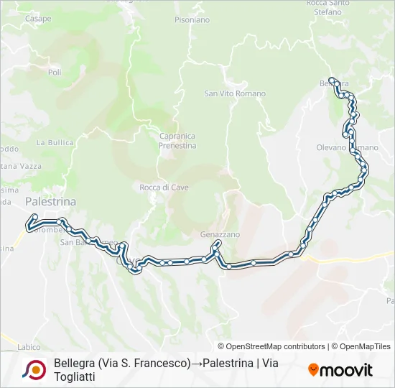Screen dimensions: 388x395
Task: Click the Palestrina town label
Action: tap(50, 202)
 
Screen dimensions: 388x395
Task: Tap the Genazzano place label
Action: tap(220, 235)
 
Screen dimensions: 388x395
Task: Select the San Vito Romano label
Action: tap(235, 93)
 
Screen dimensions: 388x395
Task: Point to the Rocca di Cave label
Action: tap(164, 188)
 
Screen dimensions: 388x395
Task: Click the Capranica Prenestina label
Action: tap(177, 141)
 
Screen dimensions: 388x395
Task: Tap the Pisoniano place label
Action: tap(192, 20)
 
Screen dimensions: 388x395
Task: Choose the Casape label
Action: tap(38, 18)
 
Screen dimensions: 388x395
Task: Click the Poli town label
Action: tap(55, 73)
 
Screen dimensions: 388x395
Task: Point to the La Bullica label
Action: tap(55, 142)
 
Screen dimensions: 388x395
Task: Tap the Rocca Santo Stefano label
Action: tap(327, 6)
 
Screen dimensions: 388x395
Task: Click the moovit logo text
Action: tap(346, 370)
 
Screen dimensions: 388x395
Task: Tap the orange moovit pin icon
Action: tap(313, 370)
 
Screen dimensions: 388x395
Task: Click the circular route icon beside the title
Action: tap(34, 370)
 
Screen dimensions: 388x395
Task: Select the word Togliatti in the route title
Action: tap(74, 377)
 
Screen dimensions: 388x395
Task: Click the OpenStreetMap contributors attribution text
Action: tap(271, 346)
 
